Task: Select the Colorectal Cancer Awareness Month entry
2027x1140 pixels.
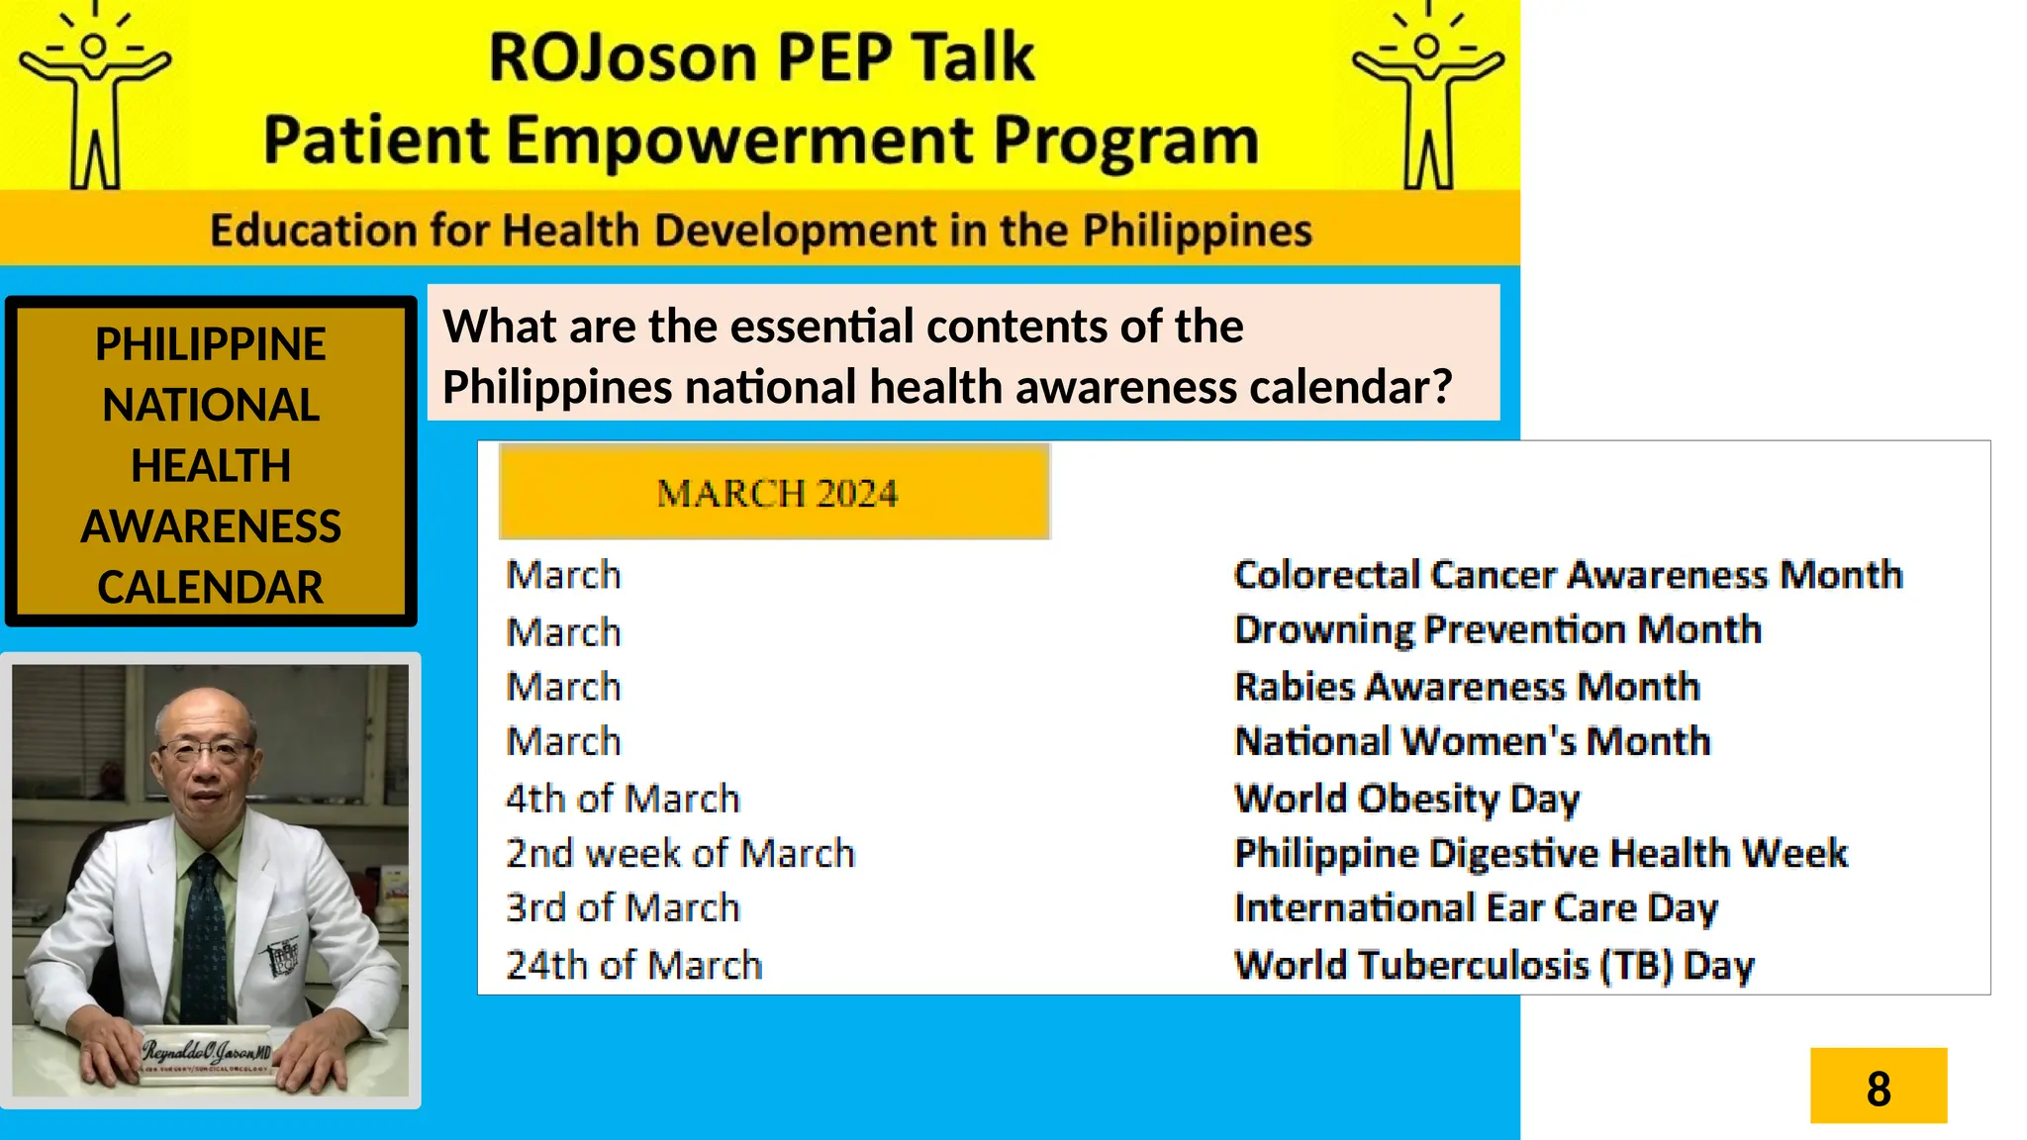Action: [1568, 575]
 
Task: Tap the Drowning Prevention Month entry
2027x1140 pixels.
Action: [1497, 630]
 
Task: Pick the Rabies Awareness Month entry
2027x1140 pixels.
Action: [1467, 687]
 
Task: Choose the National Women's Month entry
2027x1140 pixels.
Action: [1473, 741]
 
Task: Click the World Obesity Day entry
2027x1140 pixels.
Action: [1406, 799]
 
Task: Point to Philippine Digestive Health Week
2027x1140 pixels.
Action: [1540, 853]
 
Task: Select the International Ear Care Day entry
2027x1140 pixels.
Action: [1476, 908]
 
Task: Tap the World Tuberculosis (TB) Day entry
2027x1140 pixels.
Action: [1494, 965]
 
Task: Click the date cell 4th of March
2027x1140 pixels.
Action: [623, 799]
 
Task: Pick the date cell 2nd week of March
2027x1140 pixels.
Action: [680, 853]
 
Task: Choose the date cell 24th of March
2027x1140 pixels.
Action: [634, 965]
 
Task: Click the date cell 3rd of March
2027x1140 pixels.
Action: [623, 908]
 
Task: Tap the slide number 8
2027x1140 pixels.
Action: [1878, 1087]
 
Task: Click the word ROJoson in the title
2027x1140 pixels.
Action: [623, 57]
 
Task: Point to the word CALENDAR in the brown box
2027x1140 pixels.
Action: [210, 587]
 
